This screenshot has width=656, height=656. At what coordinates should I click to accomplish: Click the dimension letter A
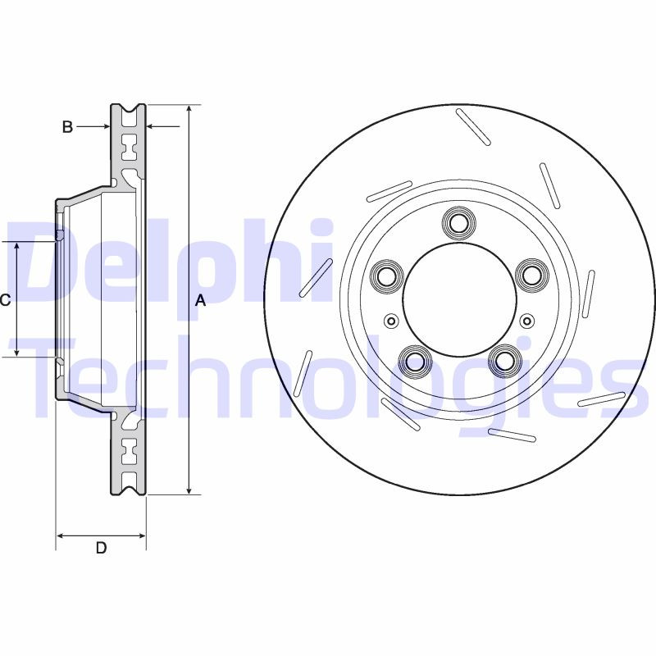coord(200,301)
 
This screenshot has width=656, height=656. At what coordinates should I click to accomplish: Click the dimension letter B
coord(68,126)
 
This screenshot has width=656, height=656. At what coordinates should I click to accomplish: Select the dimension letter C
coord(5,301)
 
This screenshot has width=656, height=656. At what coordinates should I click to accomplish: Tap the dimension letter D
coord(101,548)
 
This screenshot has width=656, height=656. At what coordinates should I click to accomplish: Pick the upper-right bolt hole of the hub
coord(531,275)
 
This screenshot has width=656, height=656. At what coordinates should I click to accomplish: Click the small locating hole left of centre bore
coord(391,321)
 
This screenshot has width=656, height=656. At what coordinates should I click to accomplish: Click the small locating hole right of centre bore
coord(526,321)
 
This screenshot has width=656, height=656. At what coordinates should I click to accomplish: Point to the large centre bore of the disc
coord(458,299)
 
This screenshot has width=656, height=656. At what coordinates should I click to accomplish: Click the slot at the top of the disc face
coord(473,127)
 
